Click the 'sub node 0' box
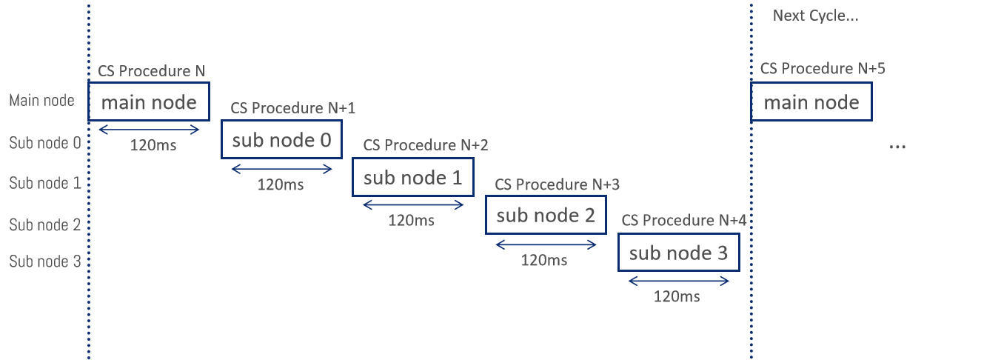281,139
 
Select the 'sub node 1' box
412,178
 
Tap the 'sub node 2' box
545,216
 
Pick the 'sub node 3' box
678,253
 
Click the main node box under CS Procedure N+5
811,102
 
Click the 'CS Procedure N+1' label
293,108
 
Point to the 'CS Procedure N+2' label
426,145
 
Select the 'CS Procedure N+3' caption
558,184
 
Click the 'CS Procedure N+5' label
823,69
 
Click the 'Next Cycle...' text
815,16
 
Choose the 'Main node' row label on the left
41,101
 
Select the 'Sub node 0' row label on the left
44,143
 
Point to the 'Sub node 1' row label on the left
44,183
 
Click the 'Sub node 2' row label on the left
44,225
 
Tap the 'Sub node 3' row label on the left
44,261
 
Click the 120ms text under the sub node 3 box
677,297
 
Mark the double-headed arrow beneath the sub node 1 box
413,206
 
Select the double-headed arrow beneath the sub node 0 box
282,169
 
